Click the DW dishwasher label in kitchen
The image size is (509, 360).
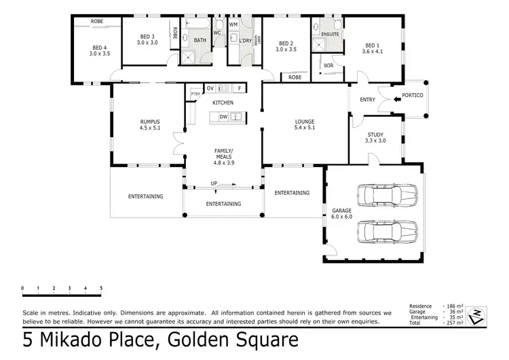pyautogui.click(x=223, y=117)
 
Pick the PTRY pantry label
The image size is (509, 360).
pyautogui.click(x=195, y=94)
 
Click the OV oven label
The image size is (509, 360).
pyautogui.click(x=210, y=88)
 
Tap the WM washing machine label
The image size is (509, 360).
pyautogui.click(x=233, y=24)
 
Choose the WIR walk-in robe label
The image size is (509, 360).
pyautogui.click(x=328, y=66)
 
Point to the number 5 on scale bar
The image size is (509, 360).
pyautogui.click(x=101, y=289)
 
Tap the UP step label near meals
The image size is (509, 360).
pyautogui.click(x=214, y=183)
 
